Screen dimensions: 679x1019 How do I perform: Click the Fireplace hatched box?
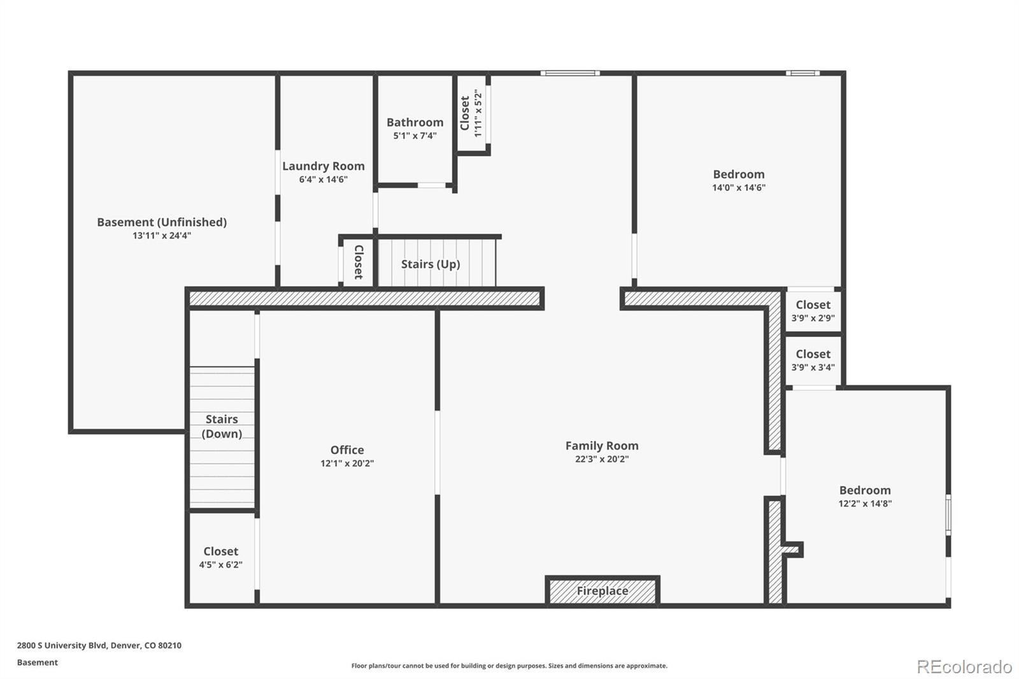(602, 590)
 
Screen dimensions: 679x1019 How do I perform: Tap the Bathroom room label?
(415, 122)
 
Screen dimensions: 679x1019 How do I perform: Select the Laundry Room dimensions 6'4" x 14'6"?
(324, 180)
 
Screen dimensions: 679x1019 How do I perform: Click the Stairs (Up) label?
(431, 264)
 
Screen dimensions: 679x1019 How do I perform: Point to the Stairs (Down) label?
(222, 426)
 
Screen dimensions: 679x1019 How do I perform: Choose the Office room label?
(347, 450)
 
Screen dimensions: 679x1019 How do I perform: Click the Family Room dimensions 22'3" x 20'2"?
(602, 459)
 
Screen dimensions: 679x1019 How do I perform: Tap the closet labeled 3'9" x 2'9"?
(813, 311)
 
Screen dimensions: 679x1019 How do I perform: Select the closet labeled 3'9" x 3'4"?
(813, 360)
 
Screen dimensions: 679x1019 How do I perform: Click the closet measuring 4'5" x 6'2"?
(220, 557)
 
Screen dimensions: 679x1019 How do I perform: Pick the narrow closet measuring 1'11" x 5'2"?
(471, 113)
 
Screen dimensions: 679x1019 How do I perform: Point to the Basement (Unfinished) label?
(162, 222)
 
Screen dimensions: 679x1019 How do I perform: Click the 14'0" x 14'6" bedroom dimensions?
(739, 188)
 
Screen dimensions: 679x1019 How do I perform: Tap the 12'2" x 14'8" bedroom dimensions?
(865, 504)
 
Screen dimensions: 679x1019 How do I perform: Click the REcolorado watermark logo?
(964, 666)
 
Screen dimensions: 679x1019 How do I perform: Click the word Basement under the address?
(37, 662)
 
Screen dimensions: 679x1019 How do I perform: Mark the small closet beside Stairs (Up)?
(358, 262)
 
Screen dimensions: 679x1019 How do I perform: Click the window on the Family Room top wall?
(570, 73)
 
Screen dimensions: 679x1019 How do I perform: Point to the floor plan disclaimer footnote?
(509, 666)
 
